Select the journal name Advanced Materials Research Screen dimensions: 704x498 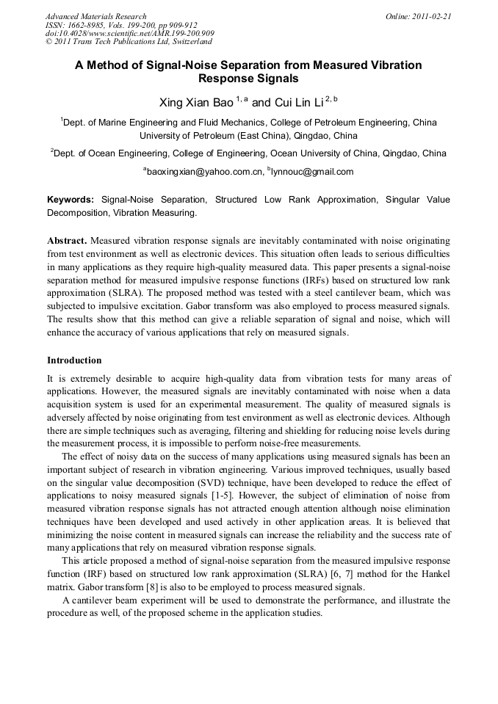click(95, 16)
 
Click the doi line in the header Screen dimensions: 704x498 click(129, 33)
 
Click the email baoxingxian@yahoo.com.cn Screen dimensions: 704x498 click(205, 172)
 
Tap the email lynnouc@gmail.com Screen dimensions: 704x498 click(302, 172)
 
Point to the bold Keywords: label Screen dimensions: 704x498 click(71, 200)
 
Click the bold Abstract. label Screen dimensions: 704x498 click(68, 241)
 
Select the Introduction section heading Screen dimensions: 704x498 click(74, 360)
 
